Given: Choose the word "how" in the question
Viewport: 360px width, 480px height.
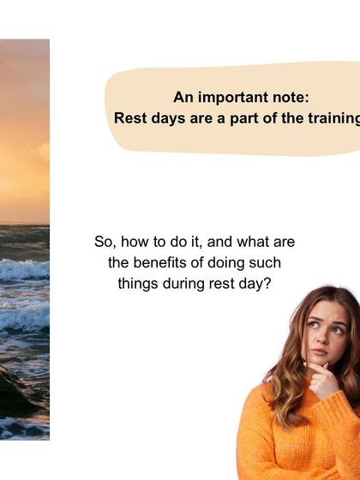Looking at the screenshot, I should tap(135, 243).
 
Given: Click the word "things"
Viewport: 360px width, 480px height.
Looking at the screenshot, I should tap(137, 282).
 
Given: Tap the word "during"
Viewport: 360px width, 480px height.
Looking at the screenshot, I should tap(184, 282).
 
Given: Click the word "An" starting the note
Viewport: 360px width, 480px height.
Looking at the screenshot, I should tap(183, 98).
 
